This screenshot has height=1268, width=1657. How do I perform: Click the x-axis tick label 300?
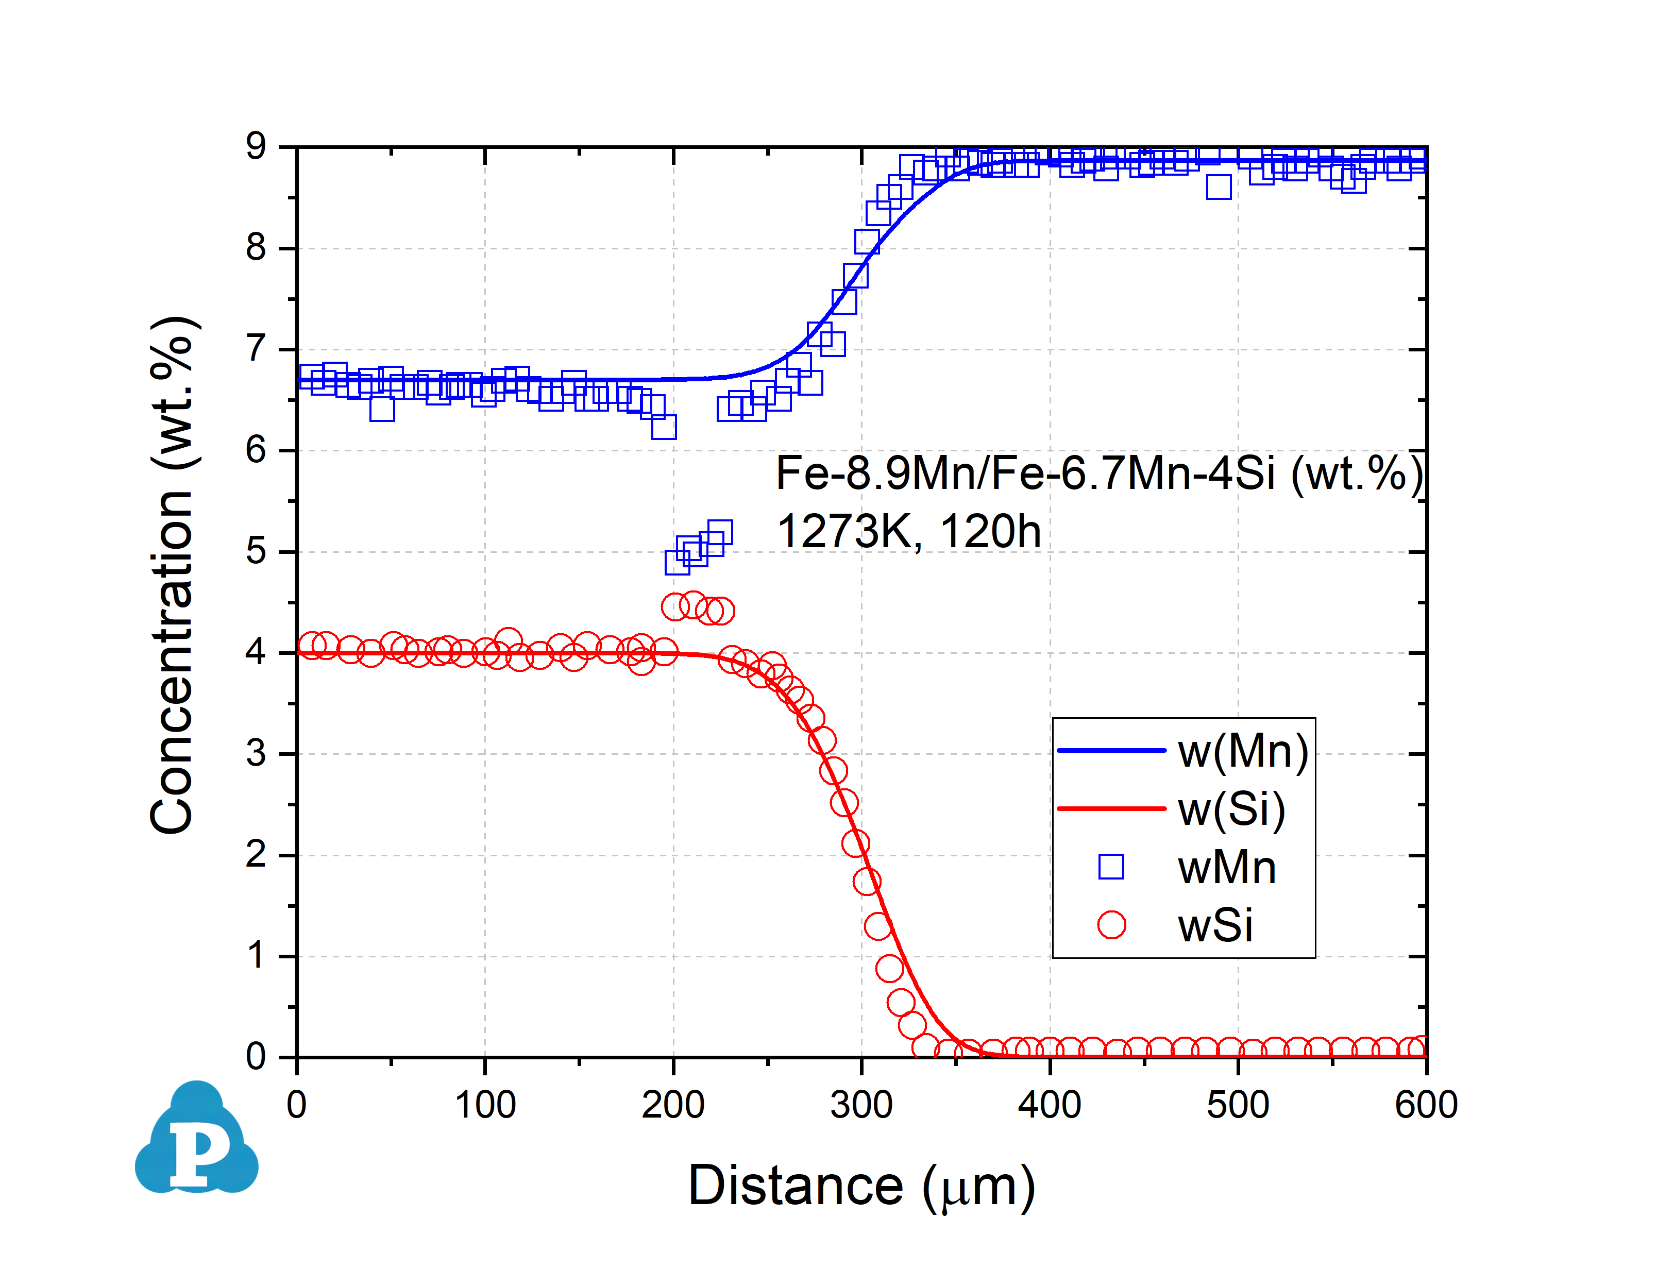[x=861, y=1105]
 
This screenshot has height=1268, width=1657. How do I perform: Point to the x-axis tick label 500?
[x=1238, y=1105]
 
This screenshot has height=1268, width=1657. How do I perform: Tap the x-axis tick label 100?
[x=485, y=1105]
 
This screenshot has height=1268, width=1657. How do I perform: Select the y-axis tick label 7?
[x=257, y=349]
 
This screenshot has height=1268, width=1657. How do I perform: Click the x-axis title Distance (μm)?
[x=861, y=1187]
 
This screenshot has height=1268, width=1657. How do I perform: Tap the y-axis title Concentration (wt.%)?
[x=172, y=575]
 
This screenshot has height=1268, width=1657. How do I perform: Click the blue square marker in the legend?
[x=1111, y=867]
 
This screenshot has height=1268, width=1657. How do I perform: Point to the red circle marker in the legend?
[x=1111, y=924]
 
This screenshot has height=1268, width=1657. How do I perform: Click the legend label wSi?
[x=1215, y=925]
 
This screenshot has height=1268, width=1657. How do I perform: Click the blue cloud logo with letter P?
[x=197, y=1140]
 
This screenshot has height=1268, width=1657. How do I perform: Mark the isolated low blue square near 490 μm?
[x=1219, y=187]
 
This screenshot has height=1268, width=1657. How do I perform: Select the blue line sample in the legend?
[x=1111, y=750]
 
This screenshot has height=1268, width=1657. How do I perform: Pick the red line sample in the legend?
[x=1111, y=808]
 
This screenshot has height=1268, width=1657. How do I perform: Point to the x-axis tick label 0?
[x=297, y=1105]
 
